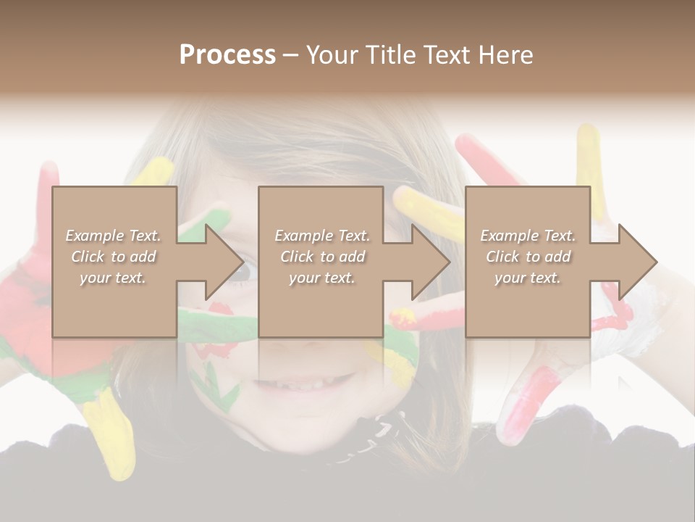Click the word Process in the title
(x=227, y=55)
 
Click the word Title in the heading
(x=389, y=55)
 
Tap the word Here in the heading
(x=504, y=55)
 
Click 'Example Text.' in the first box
(x=114, y=236)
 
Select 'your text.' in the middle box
(x=321, y=278)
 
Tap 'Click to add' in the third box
(x=528, y=257)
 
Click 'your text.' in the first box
(x=114, y=278)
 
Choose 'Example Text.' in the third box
(x=528, y=236)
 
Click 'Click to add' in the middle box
(x=321, y=257)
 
